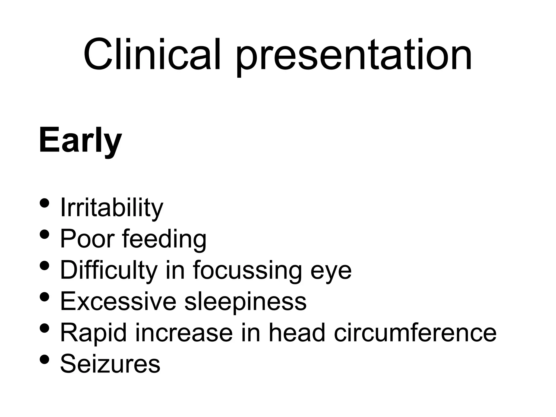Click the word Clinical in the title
pyautogui.click(x=152, y=54)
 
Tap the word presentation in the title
pyautogui.click(x=354, y=56)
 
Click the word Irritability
pyautogui.click(x=112, y=208)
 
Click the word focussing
pyautogui.click(x=247, y=270)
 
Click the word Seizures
pyautogui.click(x=110, y=364)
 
